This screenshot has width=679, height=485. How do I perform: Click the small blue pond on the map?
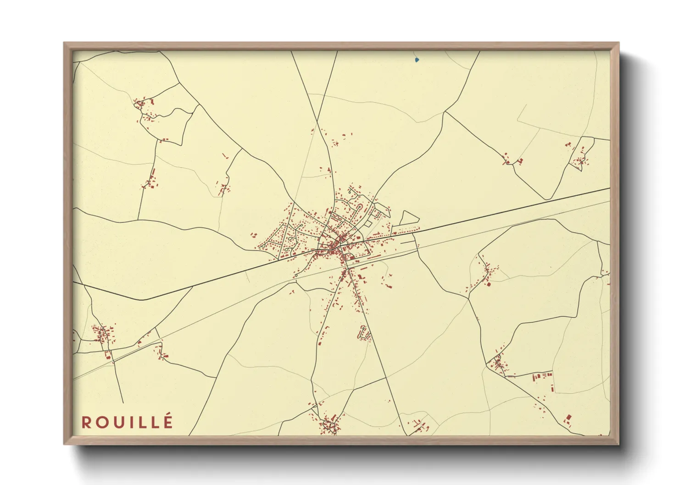pyautogui.click(x=417, y=60)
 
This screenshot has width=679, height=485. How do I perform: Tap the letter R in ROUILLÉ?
pyautogui.click(x=86, y=422)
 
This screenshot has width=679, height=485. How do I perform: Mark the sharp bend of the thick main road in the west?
pyautogui.click(x=142, y=299)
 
